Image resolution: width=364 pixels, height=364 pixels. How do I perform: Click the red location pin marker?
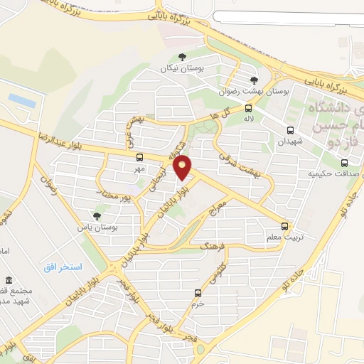pyautogui.click(x=183, y=168)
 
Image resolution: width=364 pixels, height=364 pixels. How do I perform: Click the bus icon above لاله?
pyautogui.click(x=248, y=109)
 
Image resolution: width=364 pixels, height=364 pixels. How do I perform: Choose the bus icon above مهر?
pyautogui.click(x=139, y=158)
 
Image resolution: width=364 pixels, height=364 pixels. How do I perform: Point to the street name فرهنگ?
pyautogui.click(x=213, y=248)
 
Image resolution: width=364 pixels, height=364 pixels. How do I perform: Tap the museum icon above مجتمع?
pyautogui.click(x=9, y=279)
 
